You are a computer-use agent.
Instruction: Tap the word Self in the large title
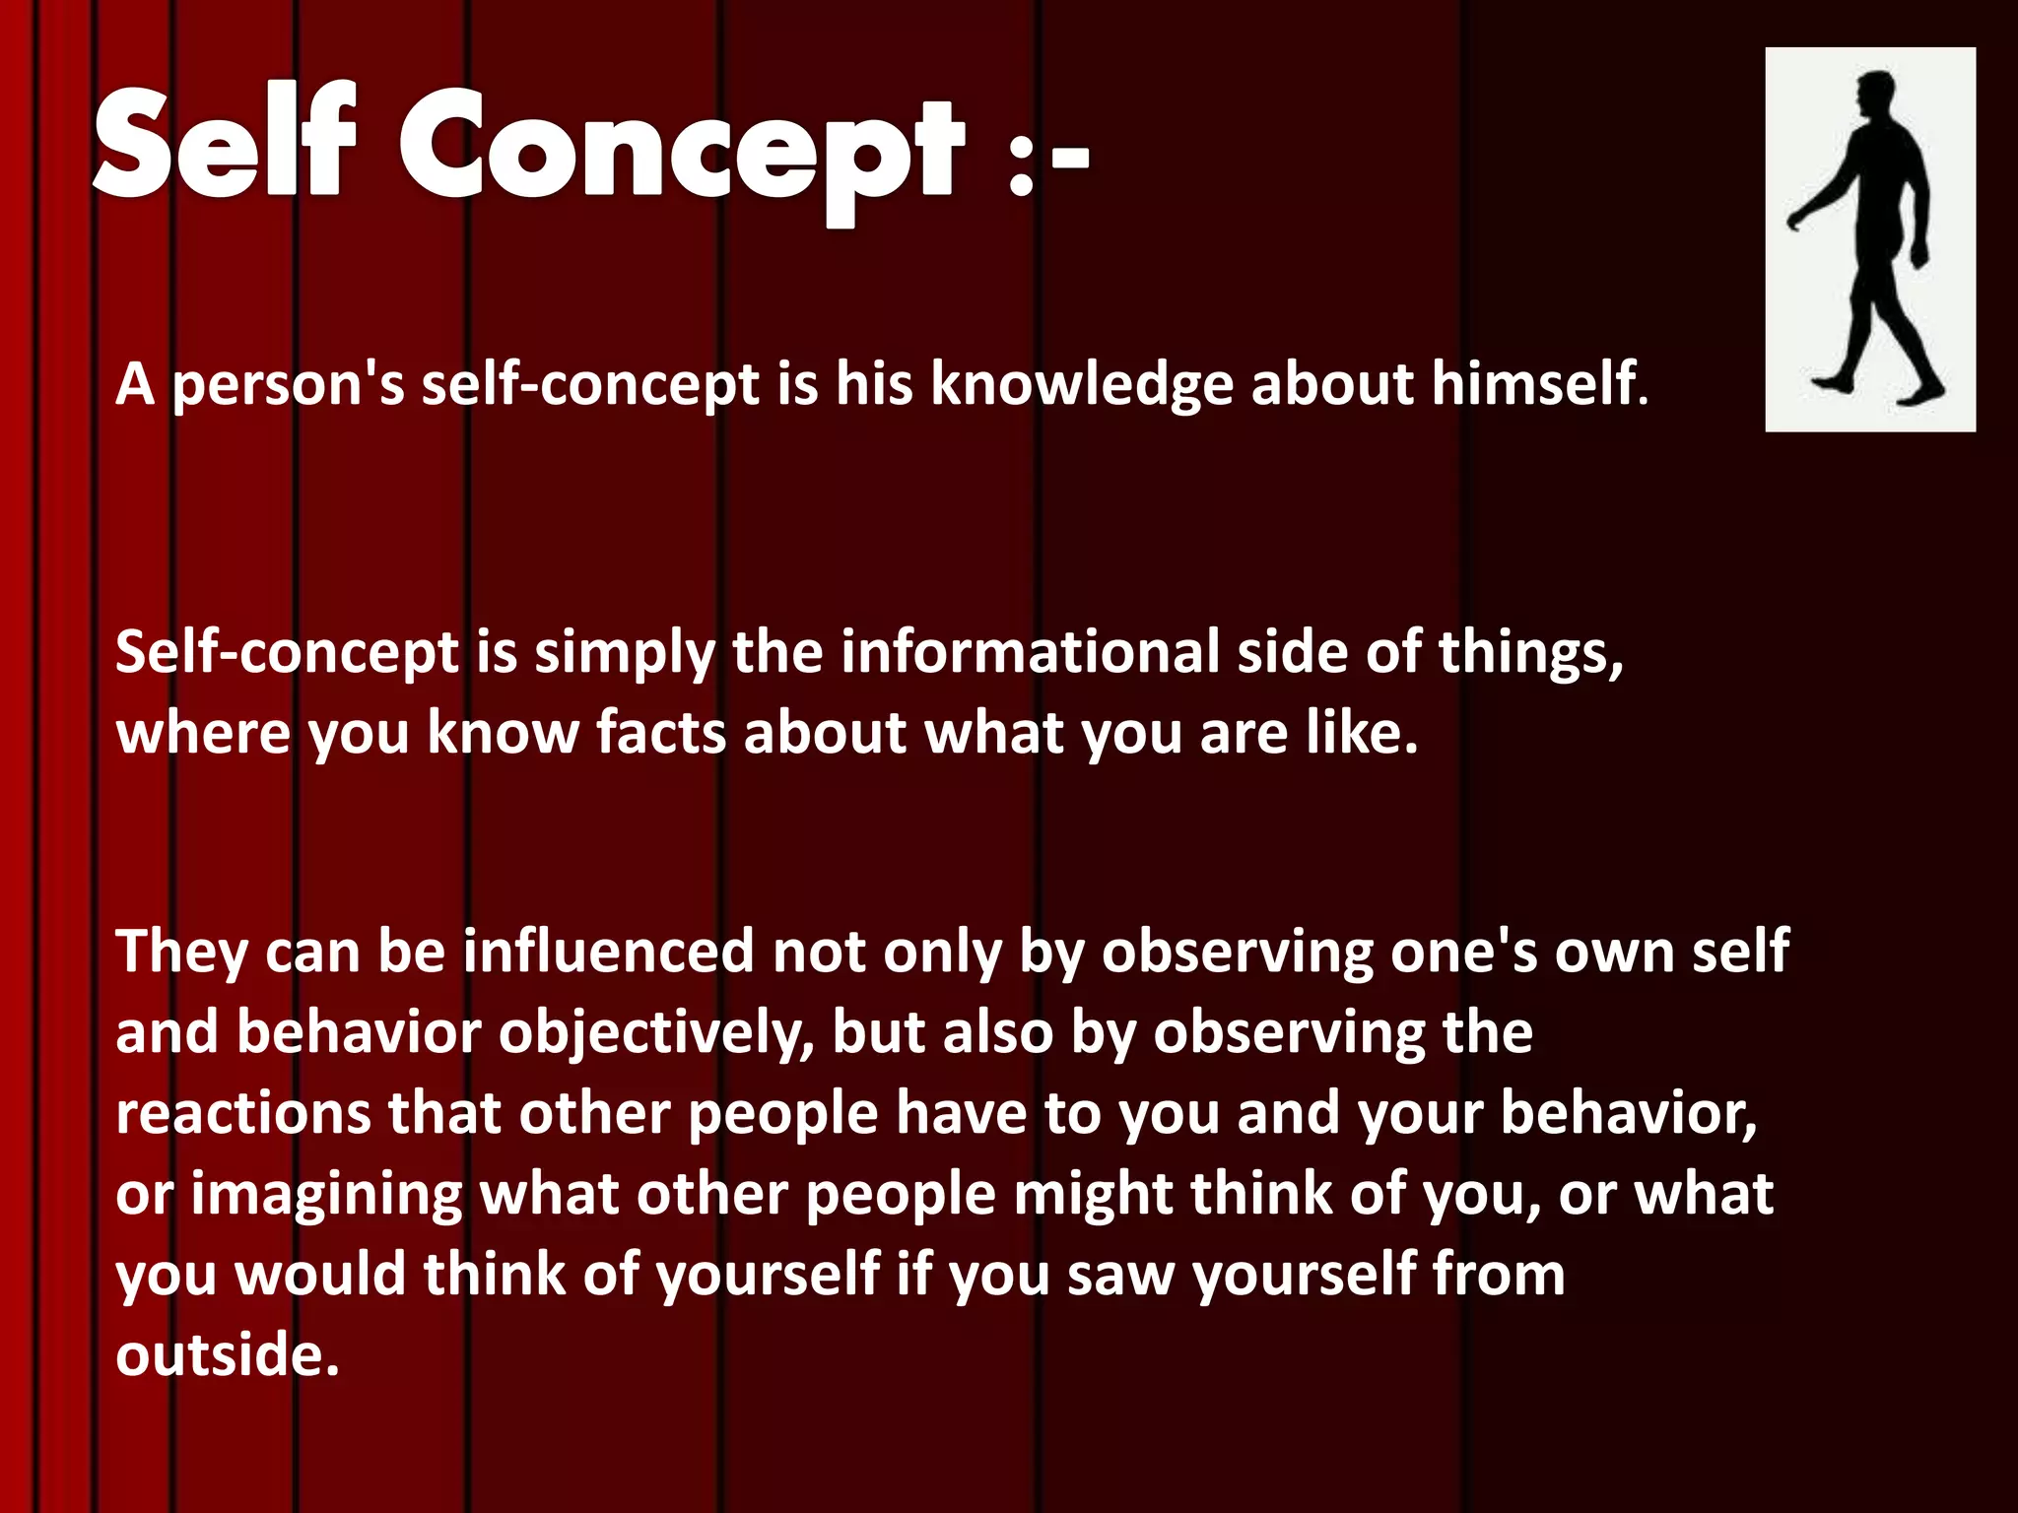225,143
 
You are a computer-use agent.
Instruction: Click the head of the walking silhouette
1875,97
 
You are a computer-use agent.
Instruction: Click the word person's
289,385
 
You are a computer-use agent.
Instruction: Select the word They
181,954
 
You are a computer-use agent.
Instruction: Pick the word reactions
243,1114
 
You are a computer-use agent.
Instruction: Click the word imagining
326,1197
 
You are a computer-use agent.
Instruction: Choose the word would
320,1274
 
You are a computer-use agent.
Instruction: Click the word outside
227,1354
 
